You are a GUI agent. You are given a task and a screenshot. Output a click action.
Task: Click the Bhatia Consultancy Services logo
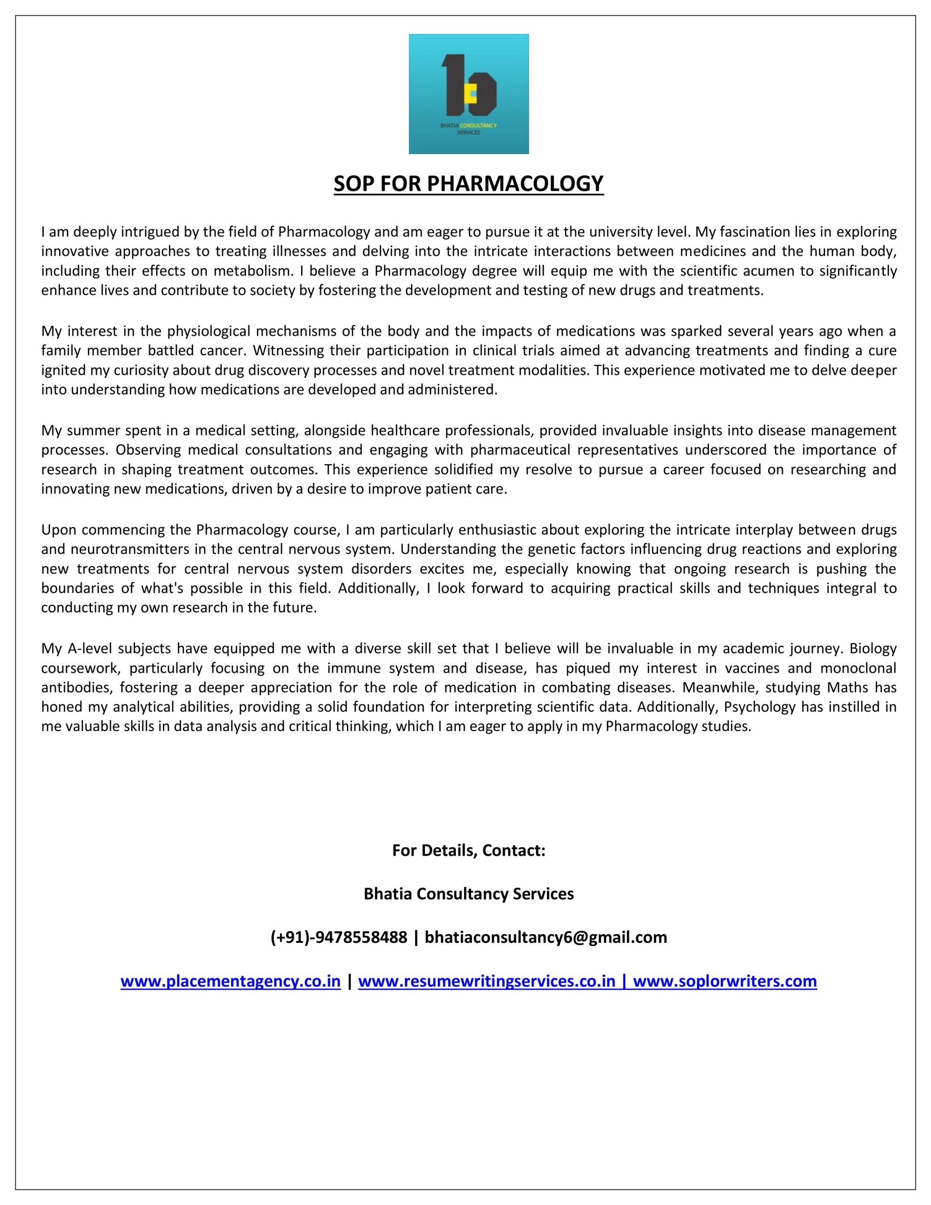[x=468, y=94]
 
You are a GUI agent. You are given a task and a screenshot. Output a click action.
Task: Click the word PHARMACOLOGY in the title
[x=515, y=184]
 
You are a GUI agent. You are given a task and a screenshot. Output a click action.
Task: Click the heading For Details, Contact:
[x=468, y=850]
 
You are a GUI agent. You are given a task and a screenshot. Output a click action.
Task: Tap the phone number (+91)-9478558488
[x=338, y=938]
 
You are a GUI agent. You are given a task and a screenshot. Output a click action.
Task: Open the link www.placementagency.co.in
[x=230, y=981]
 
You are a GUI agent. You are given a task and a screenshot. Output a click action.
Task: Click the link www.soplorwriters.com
[x=724, y=981]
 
